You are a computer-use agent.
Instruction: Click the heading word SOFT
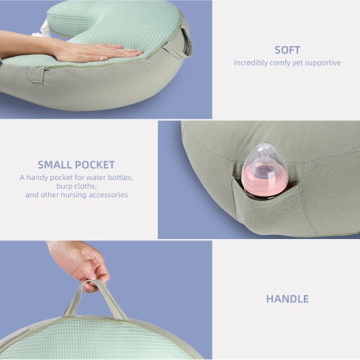[x=287, y=50]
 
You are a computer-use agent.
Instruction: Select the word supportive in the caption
[x=321, y=63]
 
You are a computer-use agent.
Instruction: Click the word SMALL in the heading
[x=58, y=164]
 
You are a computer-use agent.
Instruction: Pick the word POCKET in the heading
[x=96, y=164]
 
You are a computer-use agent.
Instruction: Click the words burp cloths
[x=76, y=186]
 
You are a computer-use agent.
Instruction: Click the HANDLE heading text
[x=287, y=299]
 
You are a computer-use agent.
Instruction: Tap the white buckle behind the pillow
[x=45, y=30]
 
